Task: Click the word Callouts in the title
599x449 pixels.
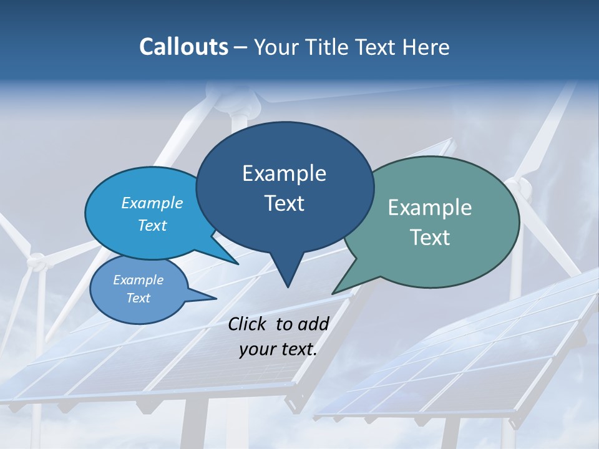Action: pyautogui.click(x=183, y=47)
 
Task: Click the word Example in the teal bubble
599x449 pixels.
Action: pyautogui.click(x=430, y=208)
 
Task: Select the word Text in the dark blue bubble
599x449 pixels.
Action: pyautogui.click(x=285, y=203)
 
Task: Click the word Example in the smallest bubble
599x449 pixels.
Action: pyautogui.click(x=138, y=280)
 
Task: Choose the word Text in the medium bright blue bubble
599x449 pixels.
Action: pyautogui.click(x=152, y=226)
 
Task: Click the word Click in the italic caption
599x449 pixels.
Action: pyautogui.click(x=248, y=324)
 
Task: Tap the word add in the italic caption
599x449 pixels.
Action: pyautogui.click(x=314, y=324)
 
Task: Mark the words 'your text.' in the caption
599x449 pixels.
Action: pyautogui.click(x=278, y=349)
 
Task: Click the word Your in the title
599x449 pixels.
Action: pyautogui.click(x=276, y=47)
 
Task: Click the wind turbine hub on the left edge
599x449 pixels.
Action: pyautogui.click(x=36, y=259)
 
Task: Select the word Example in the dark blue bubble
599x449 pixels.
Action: pyautogui.click(x=285, y=173)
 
